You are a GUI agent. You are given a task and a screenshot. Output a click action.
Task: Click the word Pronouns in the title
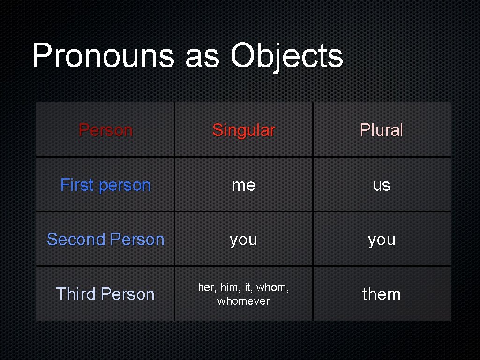point(103,56)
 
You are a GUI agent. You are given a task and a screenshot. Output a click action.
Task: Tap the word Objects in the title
point(286,56)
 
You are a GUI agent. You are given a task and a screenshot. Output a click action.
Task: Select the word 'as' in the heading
point(202,58)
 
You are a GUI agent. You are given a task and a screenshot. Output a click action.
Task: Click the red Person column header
point(105,130)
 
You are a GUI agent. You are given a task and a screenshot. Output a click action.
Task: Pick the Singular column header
point(243,130)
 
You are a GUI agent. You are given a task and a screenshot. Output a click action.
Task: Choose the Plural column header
point(381,130)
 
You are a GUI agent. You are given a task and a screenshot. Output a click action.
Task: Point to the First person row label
point(105,185)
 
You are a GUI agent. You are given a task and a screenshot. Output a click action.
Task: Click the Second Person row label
point(105,240)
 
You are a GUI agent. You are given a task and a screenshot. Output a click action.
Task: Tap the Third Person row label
point(105,294)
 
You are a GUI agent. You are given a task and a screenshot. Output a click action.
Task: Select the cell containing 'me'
point(244,185)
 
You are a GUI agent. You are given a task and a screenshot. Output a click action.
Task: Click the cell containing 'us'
point(382,185)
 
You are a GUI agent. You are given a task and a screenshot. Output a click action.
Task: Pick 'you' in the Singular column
point(243,240)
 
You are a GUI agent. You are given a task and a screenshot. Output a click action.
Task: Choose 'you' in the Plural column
point(382,240)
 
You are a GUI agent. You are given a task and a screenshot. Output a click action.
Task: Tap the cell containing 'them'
point(382,294)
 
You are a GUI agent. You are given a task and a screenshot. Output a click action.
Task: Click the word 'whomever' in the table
point(243,301)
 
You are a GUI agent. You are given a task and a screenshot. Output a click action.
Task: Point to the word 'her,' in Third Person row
point(207,288)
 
